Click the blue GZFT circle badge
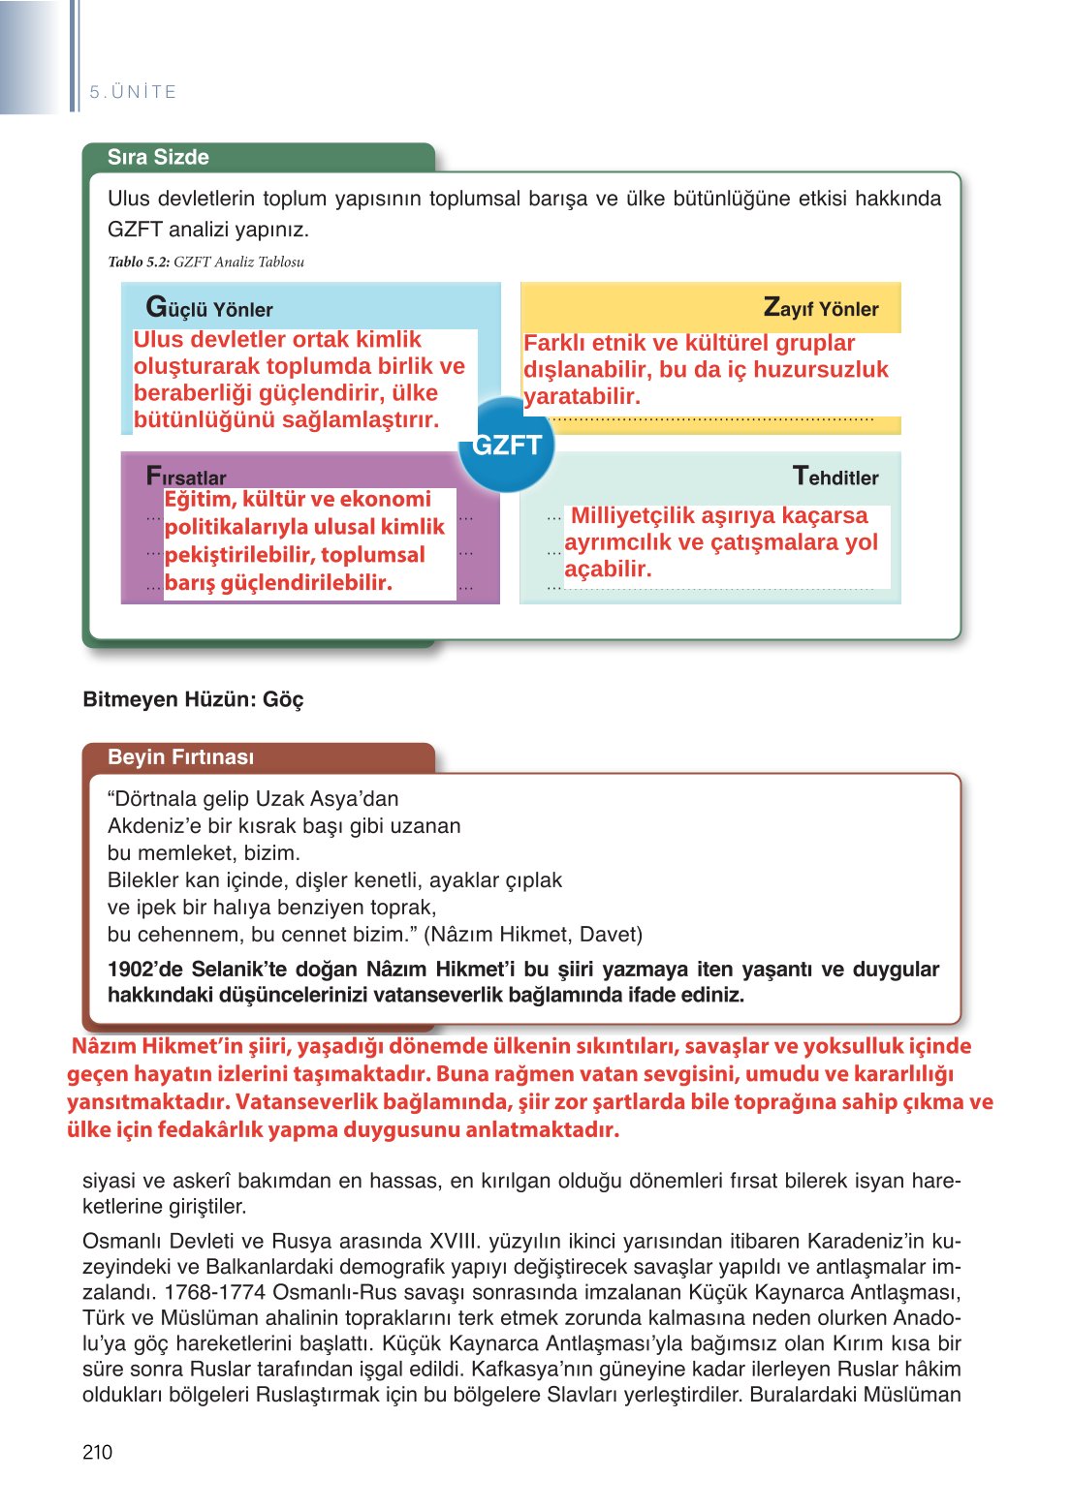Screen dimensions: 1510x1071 tap(506, 445)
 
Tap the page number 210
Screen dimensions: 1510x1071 tap(97, 1452)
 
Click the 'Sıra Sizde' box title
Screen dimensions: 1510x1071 tap(158, 158)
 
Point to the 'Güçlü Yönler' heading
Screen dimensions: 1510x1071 tap(209, 309)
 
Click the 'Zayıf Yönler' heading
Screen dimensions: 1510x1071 tap(821, 309)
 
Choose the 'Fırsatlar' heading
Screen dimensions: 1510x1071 tap(186, 477)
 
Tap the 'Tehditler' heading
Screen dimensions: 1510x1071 tap(835, 477)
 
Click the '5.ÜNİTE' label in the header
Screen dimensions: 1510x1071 tap(133, 92)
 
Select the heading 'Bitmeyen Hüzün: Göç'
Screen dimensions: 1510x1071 tap(193, 699)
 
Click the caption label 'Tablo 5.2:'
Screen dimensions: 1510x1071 tap(139, 262)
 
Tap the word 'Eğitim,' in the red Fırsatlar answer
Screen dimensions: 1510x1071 tap(200, 500)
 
